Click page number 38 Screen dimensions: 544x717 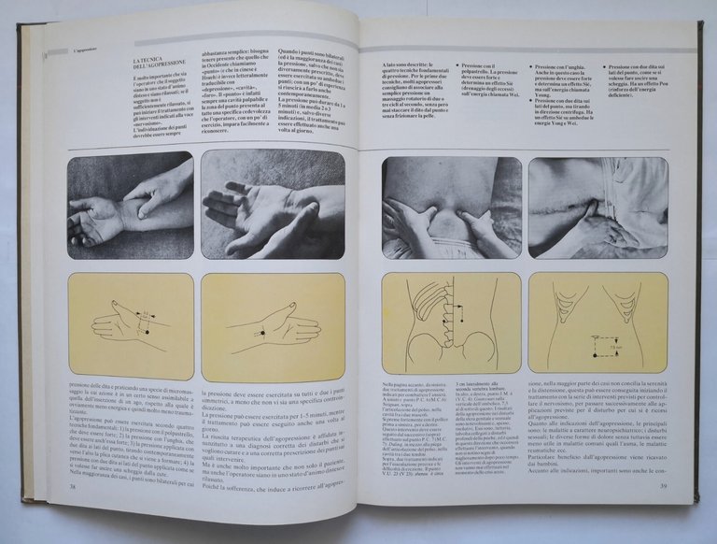pos(73,485)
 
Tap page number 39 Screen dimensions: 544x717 pos(662,486)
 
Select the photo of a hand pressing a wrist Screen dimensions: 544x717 pos(130,207)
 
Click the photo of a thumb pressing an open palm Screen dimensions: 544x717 pos(273,205)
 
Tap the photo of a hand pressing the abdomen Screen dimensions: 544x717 pos(597,208)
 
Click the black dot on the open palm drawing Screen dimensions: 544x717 pos(264,332)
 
